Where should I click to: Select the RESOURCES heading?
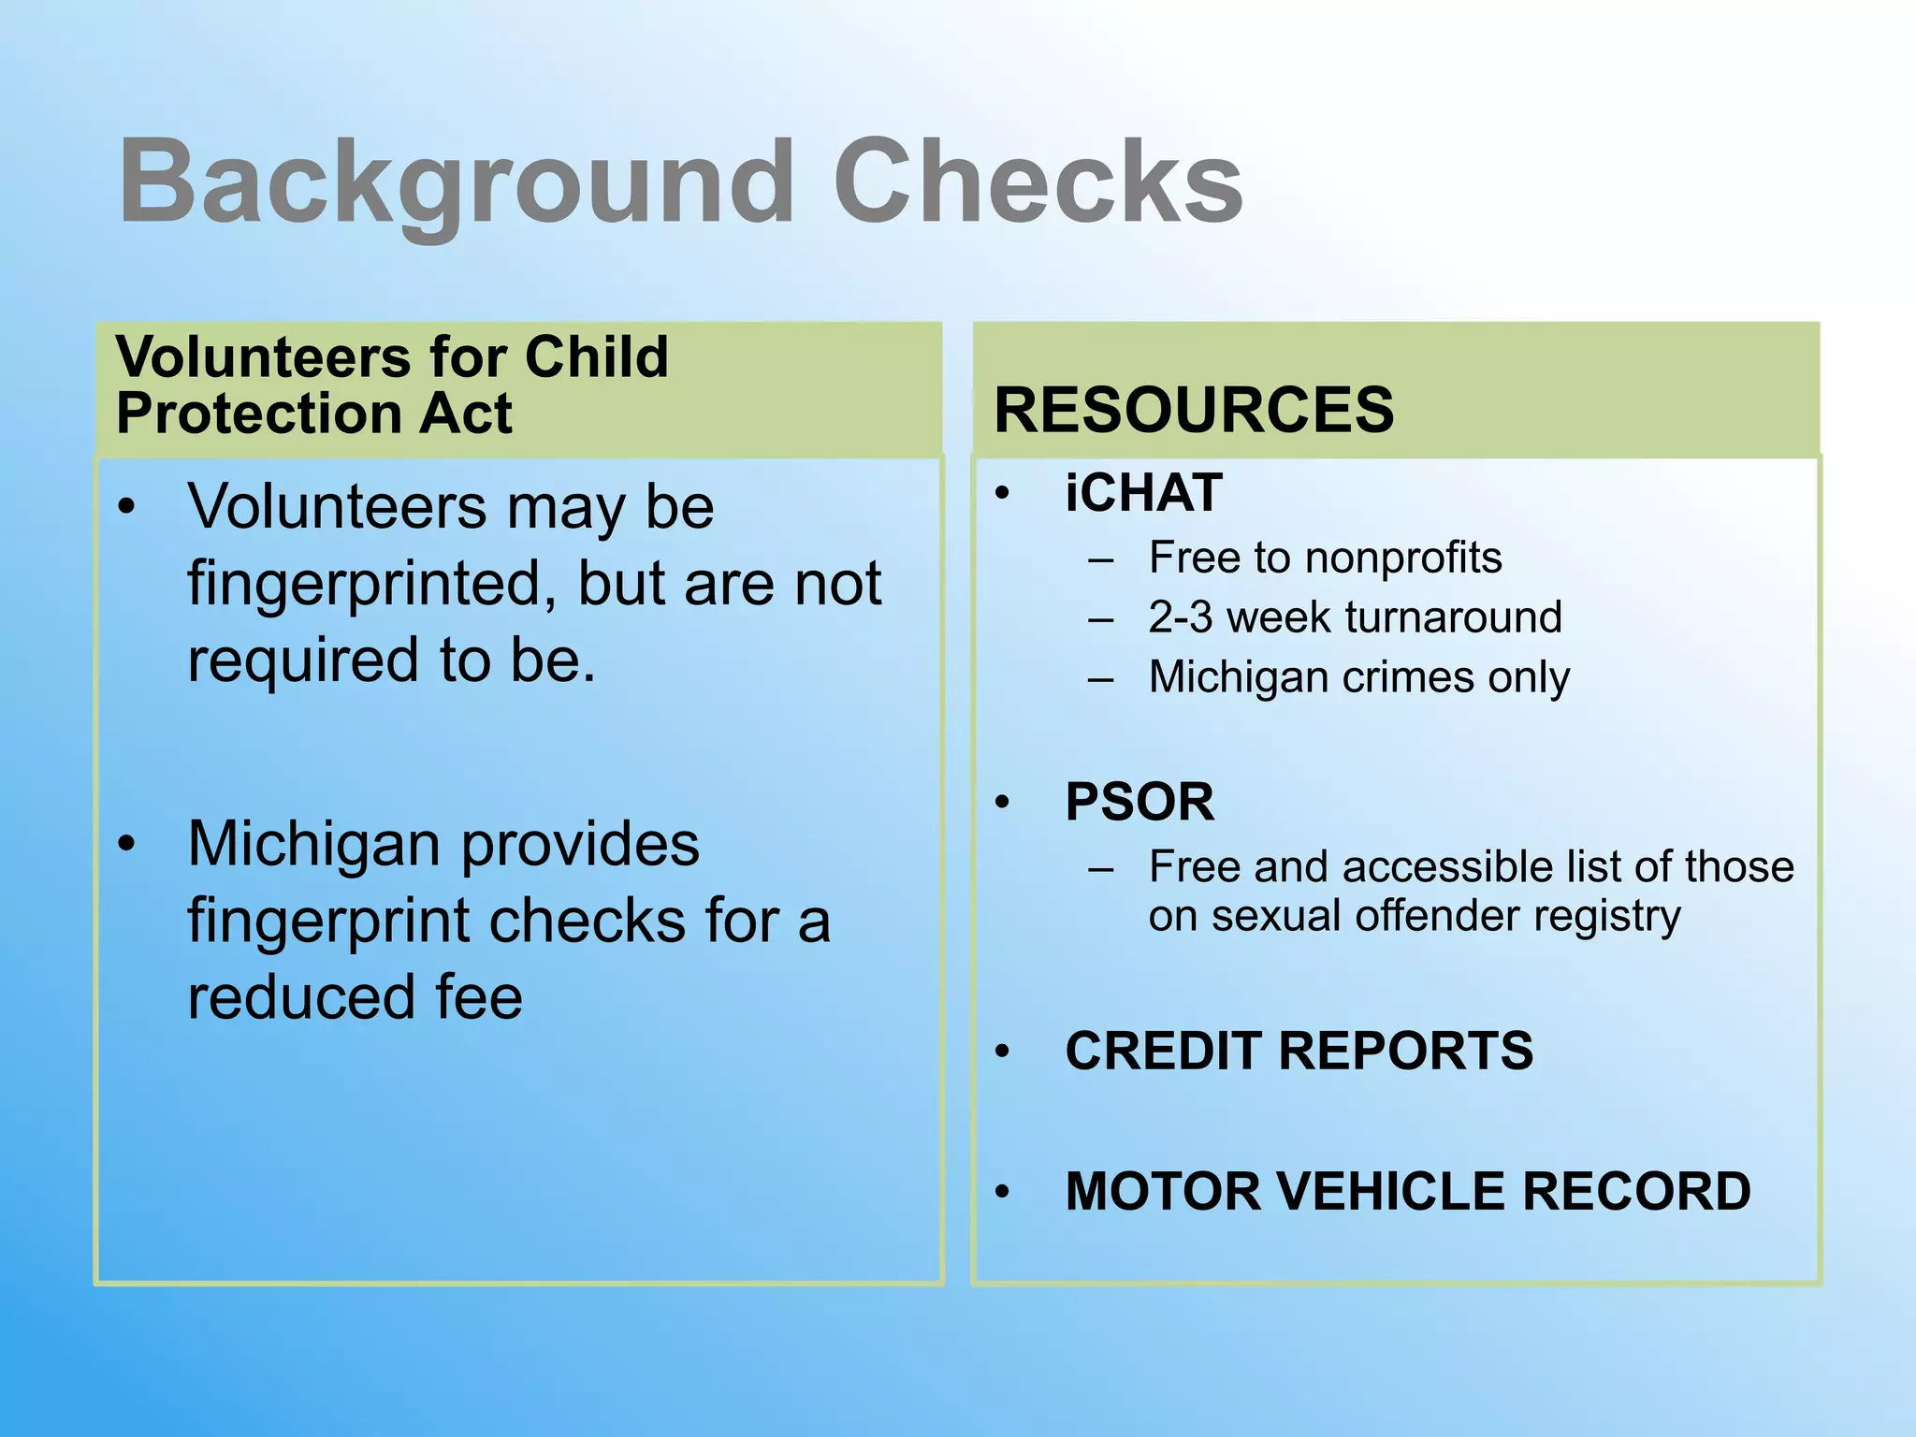pyautogui.click(x=1194, y=410)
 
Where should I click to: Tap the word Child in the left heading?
pyautogui.click(x=596, y=356)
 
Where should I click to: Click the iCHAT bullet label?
pyautogui.click(x=1143, y=493)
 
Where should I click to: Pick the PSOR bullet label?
pyautogui.click(x=1139, y=802)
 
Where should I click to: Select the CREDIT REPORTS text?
pyautogui.click(x=1299, y=1051)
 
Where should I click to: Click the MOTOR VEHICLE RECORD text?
pyautogui.click(x=1407, y=1191)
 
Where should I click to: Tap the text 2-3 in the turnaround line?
pyautogui.click(x=1181, y=617)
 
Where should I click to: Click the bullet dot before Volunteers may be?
pyautogui.click(x=127, y=507)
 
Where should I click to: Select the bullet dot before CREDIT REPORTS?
pyautogui.click(x=1003, y=1052)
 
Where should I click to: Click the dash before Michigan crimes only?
pyautogui.click(x=1101, y=677)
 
